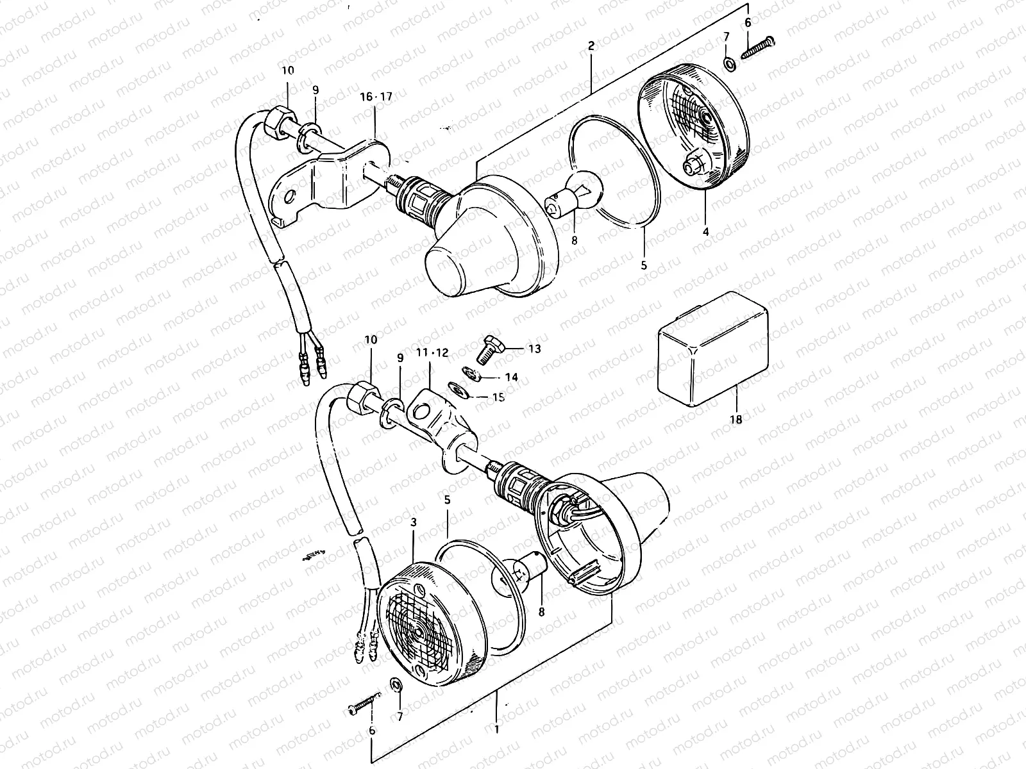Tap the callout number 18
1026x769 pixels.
pyautogui.click(x=736, y=420)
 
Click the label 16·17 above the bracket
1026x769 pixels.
pyautogui.click(x=376, y=97)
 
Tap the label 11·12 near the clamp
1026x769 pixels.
pyautogui.click(x=433, y=353)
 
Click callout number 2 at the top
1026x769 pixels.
pyautogui.click(x=591, y=45)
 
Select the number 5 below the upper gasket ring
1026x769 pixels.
pyautogui.click(x=644, y=263)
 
